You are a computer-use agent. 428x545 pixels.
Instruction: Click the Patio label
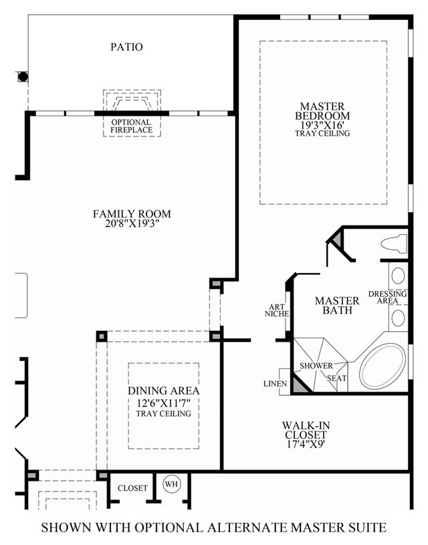click(126, 47)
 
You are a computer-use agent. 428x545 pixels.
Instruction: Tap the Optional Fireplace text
click(131, 126)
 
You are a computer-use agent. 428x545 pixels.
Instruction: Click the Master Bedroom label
click(322, 111)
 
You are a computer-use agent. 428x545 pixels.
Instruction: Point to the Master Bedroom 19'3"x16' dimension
click(322, 124)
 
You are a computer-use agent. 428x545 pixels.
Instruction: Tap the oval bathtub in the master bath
click(382, 366)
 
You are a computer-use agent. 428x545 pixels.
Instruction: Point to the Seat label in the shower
click(336, 378)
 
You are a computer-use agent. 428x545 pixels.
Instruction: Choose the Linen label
click(276, 384)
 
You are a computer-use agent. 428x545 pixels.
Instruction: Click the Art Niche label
click(276, 309)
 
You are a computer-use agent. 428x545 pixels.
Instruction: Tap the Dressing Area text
click(388, 298)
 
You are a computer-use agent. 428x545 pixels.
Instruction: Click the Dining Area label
click(163, 391)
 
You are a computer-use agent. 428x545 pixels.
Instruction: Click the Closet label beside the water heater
click(132, 488)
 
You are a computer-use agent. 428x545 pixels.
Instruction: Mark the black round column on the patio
click(23, 76)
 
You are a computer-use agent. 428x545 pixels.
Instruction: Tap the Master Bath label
click(337, 306)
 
